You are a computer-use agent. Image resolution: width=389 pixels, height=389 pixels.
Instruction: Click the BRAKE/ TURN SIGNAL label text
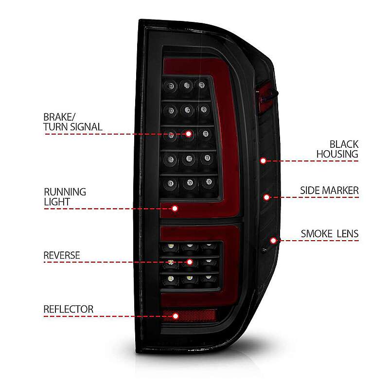pos(72,122)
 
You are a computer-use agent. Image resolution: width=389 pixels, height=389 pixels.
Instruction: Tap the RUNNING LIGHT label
pos(65,197)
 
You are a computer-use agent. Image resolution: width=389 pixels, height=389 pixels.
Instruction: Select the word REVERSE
pos(62,255)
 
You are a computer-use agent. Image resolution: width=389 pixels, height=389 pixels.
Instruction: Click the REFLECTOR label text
pos(69,309)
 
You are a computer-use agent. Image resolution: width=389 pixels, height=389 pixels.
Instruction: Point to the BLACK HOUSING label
pos(337,149)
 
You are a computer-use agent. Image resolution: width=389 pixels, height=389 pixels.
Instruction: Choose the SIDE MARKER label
pos(329,191)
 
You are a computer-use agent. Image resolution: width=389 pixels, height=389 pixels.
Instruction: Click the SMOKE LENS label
pos(330,234)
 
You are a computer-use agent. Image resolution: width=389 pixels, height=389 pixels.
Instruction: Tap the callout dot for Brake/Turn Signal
pos(189,134)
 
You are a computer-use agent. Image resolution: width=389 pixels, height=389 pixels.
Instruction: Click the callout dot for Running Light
pos(175,209)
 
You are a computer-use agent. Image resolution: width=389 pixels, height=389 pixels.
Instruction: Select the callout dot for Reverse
pos(190,262)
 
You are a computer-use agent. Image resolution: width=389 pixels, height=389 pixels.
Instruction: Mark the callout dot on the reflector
pos(176,316)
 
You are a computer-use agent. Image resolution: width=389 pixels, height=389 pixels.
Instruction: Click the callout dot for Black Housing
pos(263,161)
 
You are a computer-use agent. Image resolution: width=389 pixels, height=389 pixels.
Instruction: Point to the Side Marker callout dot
pos(266,197)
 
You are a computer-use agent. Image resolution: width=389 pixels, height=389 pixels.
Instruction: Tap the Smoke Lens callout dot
pos(273,240)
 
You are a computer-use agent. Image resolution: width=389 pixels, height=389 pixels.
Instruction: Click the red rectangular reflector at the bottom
pos(189,315)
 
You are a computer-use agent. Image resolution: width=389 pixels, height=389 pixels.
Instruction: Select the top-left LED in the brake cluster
pos(171,86)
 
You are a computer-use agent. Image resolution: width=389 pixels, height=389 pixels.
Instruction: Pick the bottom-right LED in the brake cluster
pos(209,182)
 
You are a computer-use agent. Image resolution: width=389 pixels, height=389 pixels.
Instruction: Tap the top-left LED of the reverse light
pos(171,247)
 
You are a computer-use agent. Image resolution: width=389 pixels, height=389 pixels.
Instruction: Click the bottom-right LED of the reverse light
pos(209,278)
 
